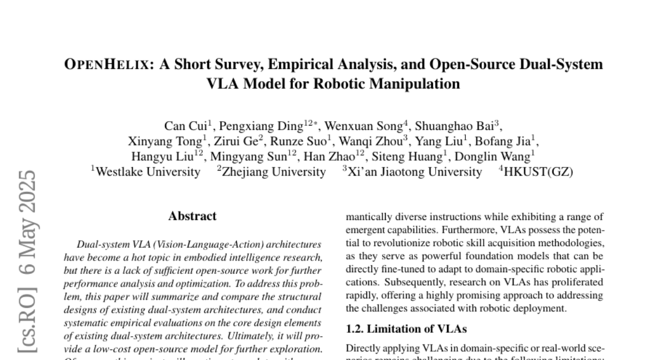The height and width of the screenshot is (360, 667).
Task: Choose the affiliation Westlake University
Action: pos(148,172)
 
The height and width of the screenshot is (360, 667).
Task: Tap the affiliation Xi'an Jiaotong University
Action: pos(415,172)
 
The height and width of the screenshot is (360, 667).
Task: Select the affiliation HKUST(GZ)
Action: pos(538,172)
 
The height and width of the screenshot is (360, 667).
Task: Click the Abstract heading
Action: pos(192,216)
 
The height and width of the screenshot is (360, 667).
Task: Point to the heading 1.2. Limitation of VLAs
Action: pos(406,329)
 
